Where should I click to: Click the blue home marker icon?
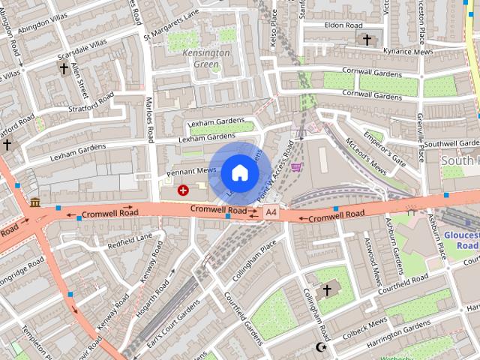click(239, 172)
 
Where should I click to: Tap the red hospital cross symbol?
click(183, 190)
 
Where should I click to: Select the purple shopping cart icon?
click(297, 167)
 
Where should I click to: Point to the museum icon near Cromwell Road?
click(35, 202)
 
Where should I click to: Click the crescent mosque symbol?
click(323, 347)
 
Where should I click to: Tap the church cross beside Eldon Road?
click(367, 39)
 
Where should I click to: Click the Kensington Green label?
click(206, 58)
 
